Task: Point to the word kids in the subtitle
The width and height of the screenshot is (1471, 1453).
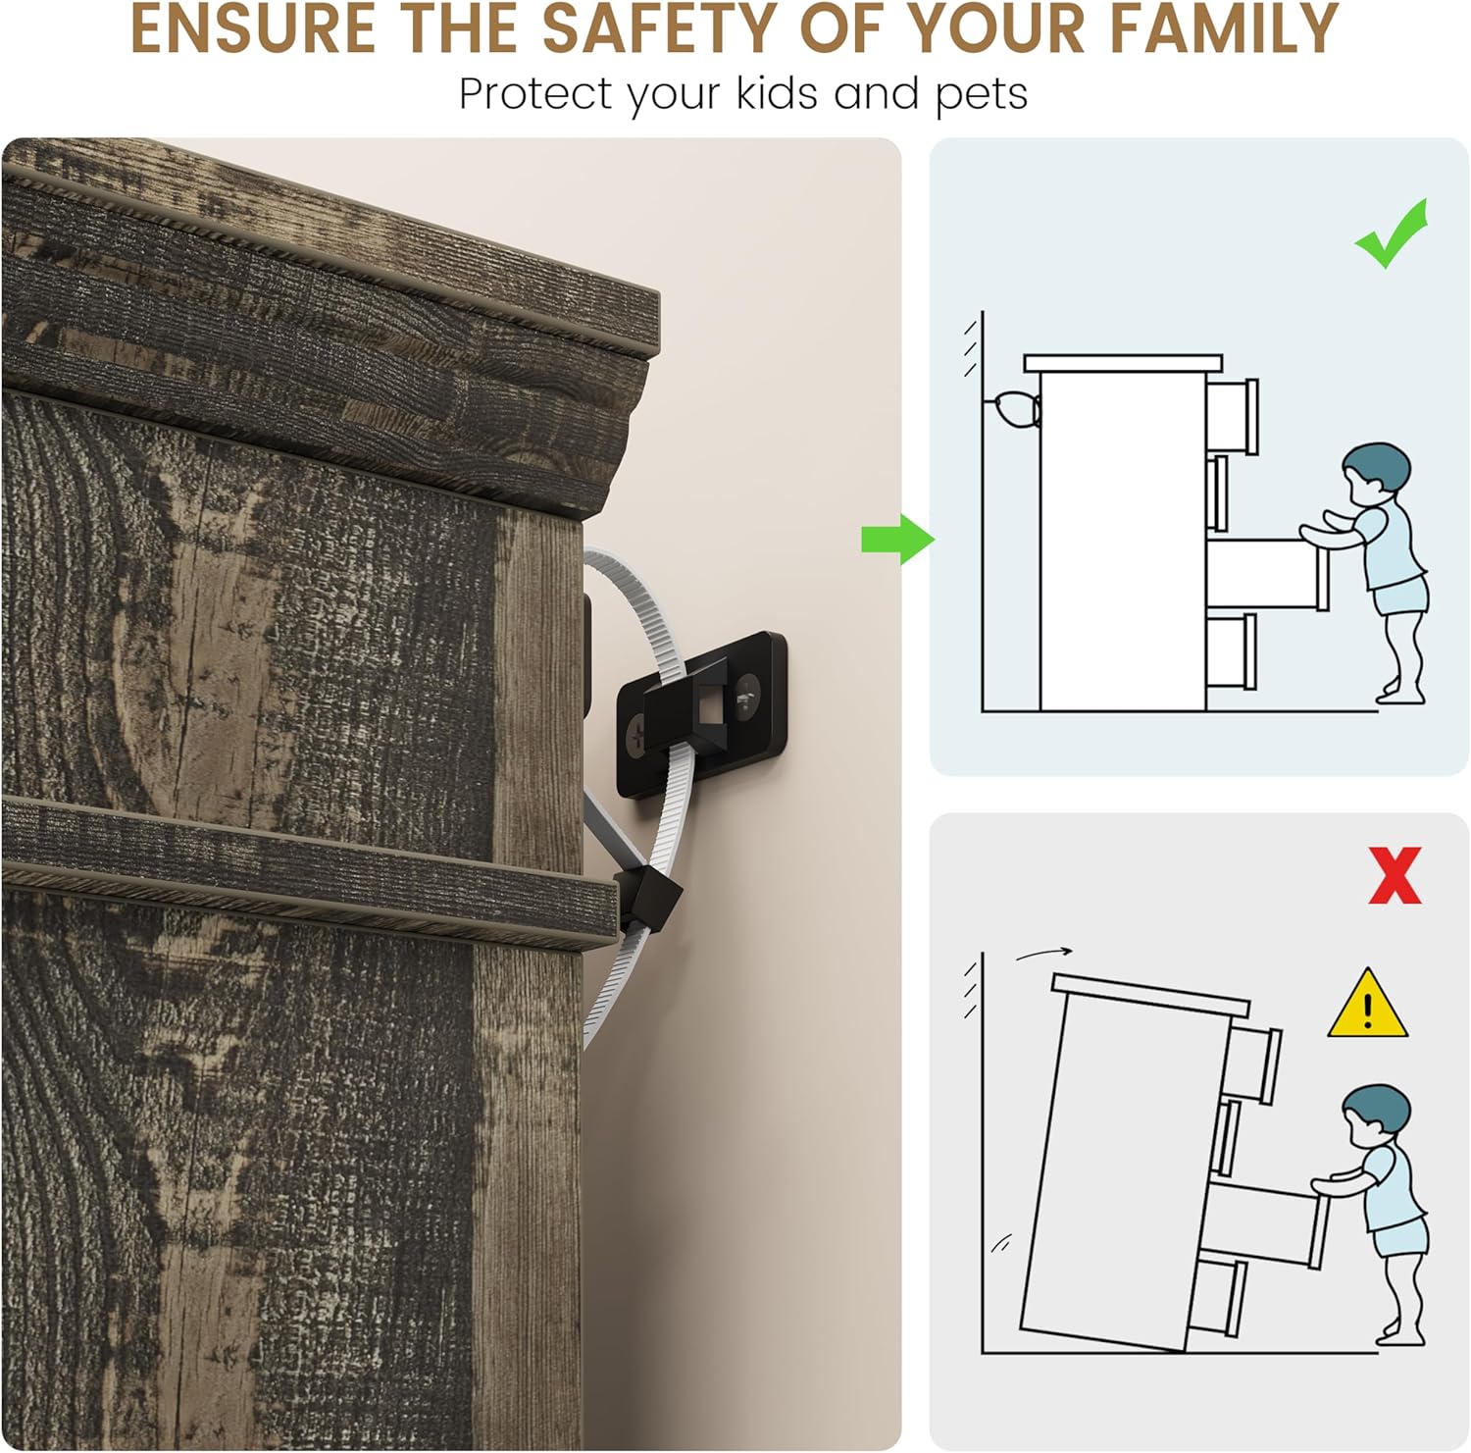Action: [780, 94]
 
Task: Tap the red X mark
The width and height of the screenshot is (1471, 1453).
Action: [1394, 875]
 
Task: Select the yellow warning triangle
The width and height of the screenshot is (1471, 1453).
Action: [1368, 1006]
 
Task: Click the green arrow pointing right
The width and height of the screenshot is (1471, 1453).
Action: [897, 539]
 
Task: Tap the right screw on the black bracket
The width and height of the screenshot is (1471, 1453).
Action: [748, 691]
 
